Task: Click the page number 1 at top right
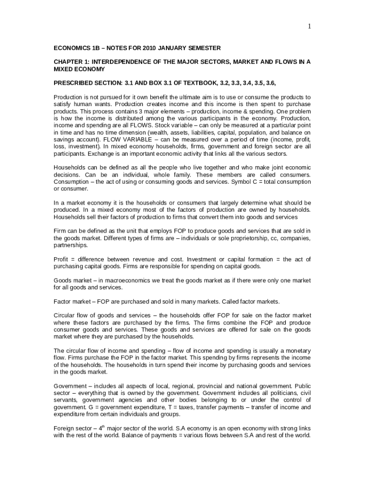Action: (x=310, y=27)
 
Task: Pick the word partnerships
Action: (x=70, y=245)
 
